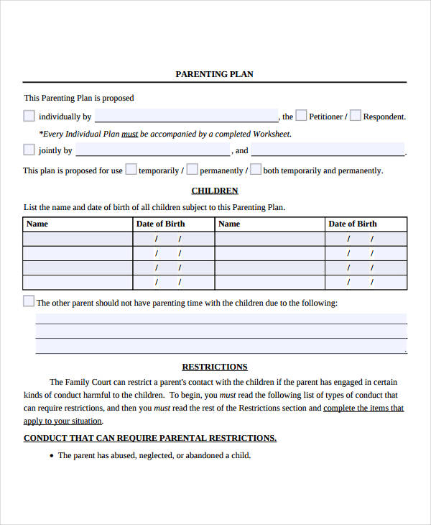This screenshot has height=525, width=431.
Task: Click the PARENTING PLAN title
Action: coord(214,74)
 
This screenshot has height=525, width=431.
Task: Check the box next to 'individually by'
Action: coord(29,116)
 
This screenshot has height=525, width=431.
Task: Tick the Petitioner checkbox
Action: coord(302,115)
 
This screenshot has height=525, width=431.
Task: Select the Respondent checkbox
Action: coord(356,115)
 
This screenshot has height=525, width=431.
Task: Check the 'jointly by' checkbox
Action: coord(29,150)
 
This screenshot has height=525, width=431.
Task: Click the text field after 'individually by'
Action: coord(186,116)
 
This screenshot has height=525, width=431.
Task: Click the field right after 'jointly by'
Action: coord(152,150)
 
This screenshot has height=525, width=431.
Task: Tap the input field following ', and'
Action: coord(328,150)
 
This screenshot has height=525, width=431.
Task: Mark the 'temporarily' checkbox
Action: coord(131,170)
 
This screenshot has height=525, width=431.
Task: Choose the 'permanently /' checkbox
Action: coord(192,170)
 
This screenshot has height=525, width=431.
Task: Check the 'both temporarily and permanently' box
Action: coord(255,170)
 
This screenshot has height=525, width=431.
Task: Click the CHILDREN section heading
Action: coord(215,191)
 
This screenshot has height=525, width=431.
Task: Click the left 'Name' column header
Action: coord(37,224)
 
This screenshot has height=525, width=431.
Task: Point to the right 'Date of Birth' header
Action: coord(353,224)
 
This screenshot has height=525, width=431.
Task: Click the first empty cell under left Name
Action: coord(78,239)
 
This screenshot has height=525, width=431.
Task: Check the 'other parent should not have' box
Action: coord(29,301)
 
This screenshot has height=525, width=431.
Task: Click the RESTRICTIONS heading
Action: coord(215,367)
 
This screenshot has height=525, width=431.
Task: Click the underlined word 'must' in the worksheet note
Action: coord(129,134)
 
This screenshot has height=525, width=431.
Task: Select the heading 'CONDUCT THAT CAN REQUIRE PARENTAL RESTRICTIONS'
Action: coord(150,438)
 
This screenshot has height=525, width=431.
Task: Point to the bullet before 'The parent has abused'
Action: coord(51,456)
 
